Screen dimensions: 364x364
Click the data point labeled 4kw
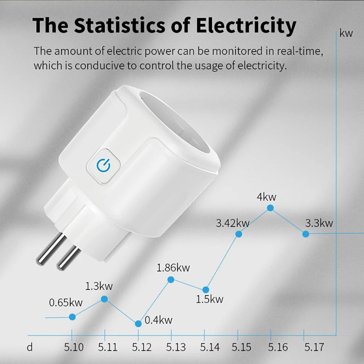tap(270, 208)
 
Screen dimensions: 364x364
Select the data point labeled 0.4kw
tap(138, 324)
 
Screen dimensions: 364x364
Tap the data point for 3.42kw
tap(239, 234)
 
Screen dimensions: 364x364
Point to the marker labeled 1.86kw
tap(171, 280)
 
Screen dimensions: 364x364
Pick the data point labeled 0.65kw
tap(72, 317)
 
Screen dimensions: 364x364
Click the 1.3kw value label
tap(99, 286)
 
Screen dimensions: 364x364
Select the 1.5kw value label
tap(209, 300)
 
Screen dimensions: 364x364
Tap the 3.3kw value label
tap(319, 223)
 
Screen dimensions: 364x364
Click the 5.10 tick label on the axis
tap(74, 347)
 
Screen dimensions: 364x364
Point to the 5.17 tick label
tap(313, 347)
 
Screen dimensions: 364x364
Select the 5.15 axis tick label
tap(242, 347)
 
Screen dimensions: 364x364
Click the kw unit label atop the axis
tap(346, 33)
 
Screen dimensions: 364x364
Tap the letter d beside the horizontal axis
tap(30, 347)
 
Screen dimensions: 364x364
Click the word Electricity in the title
tap(246, 25)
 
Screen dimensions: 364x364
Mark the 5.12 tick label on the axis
tap(142, 347)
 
